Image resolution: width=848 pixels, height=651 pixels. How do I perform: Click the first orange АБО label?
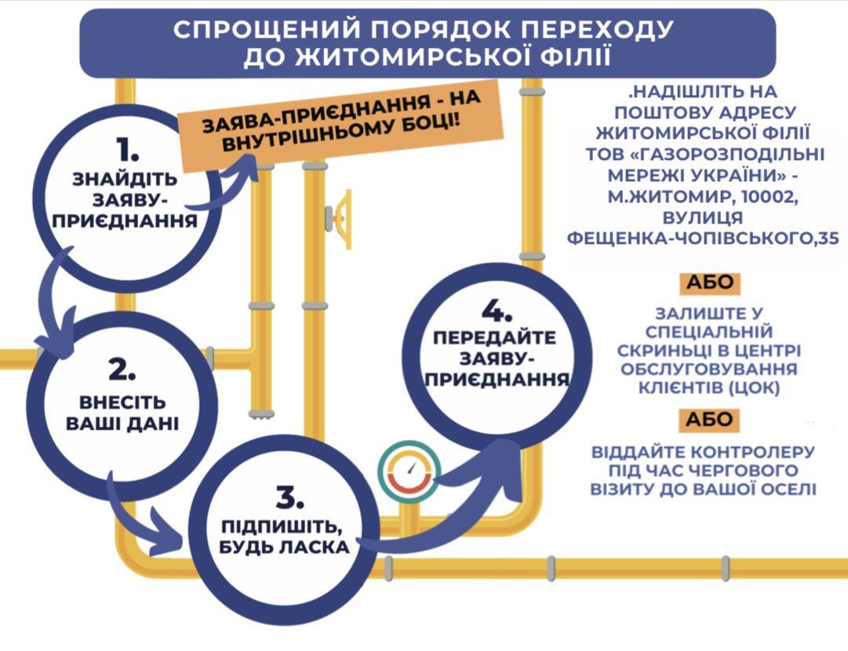pos(708,283)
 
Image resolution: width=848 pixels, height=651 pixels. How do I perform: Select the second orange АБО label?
pos(708,420)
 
